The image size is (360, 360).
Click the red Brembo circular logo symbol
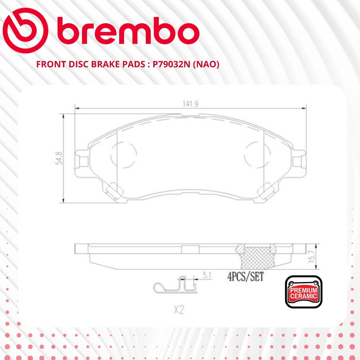point(25,31)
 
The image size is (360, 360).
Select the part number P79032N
point(172,65)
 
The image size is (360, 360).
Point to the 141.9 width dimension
point(190,104)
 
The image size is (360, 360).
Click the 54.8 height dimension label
point(59,158)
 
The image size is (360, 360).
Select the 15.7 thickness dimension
point(312,256)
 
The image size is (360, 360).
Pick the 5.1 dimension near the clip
point(207,275)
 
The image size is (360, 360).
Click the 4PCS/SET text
point(245,276)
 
